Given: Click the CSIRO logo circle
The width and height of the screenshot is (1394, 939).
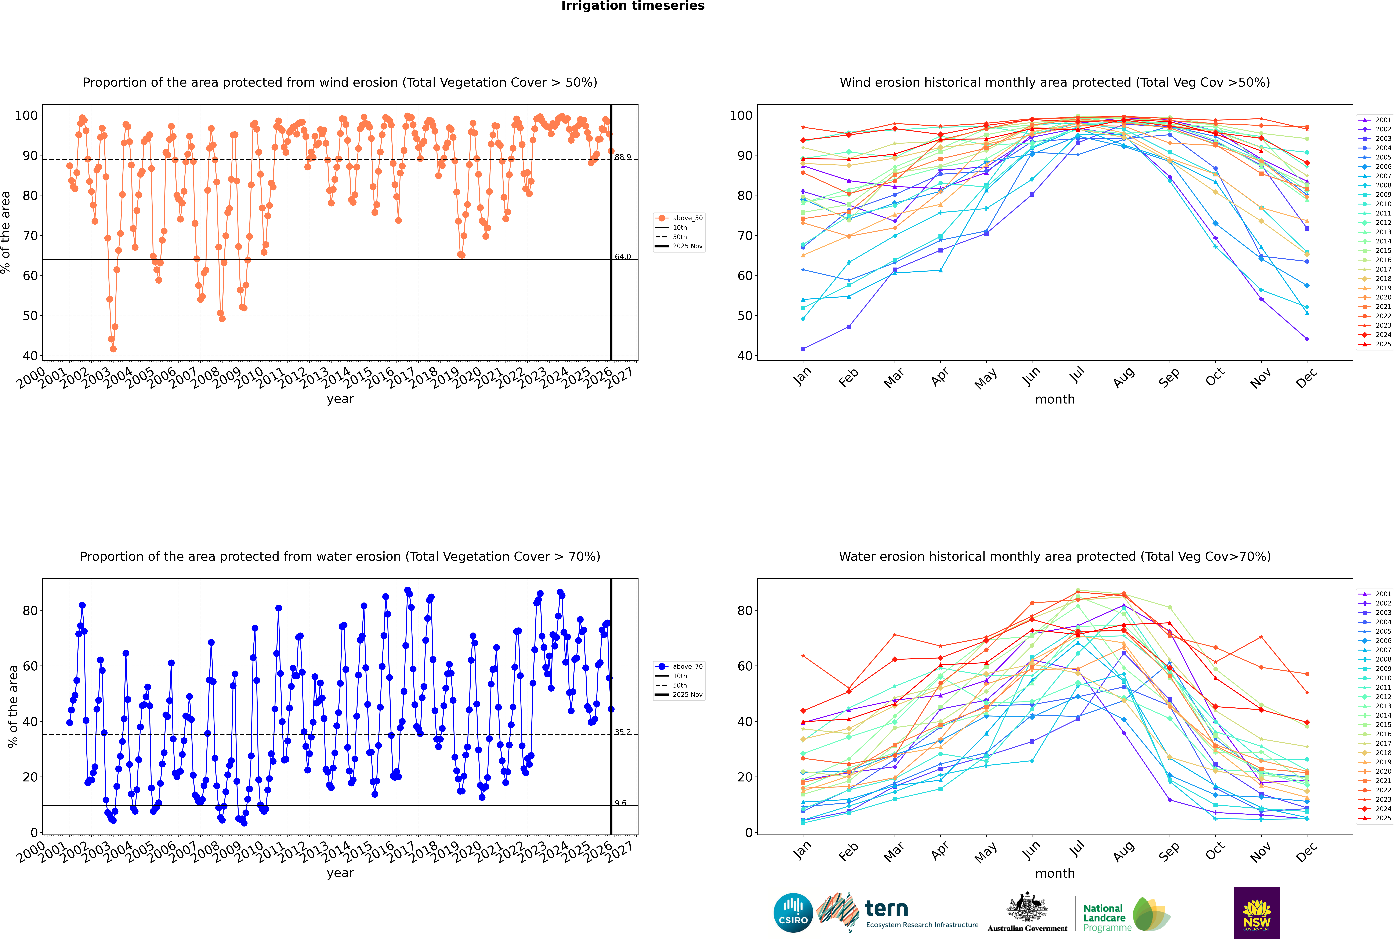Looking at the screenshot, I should (x=793, y=913).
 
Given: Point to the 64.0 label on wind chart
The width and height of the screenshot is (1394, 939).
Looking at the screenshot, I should (x=623, y=256).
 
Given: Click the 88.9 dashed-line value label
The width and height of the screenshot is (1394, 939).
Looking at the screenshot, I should (x=623, y=157).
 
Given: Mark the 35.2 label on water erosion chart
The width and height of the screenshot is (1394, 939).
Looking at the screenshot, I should (x=623, y=732).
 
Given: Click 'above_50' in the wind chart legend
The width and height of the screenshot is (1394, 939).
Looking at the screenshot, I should (x=687, y=218).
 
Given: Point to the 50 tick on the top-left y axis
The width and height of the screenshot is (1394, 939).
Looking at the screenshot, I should (x=30, y=316).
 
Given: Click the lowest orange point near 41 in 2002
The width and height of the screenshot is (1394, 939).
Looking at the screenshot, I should (x=113, y=349).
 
